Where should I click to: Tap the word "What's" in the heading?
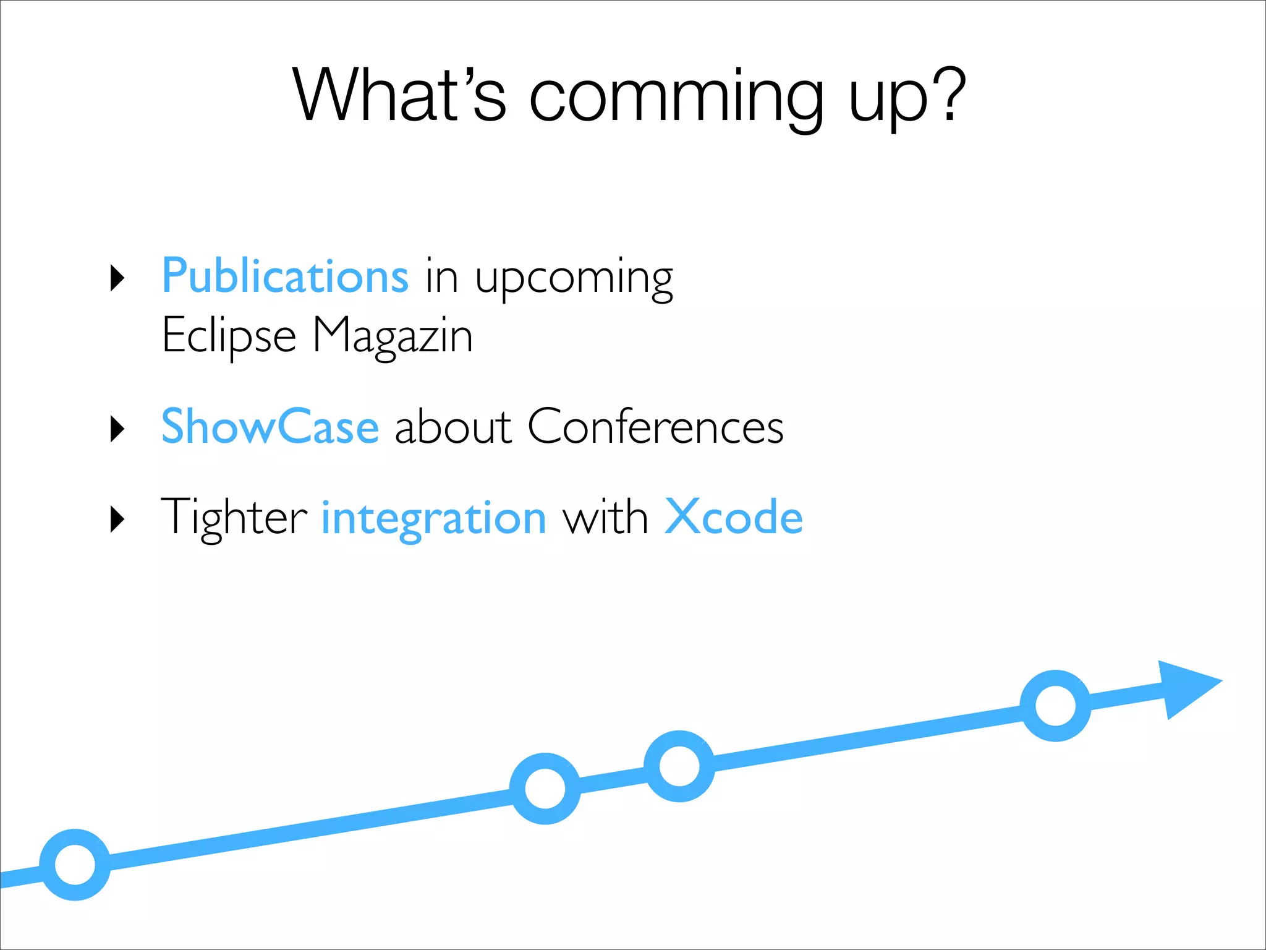pos(399,96)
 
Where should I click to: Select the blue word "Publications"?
pos(285,276)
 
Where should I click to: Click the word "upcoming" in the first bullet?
pos(574,279)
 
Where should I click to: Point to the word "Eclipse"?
pos(229,335)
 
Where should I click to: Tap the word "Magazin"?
pos(393,335)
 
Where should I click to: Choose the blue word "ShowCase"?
pos(270,426)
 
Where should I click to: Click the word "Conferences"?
pos(655,426)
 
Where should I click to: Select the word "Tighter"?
pos(233,517)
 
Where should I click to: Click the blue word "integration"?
pos(433,518)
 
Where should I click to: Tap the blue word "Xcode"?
pos(733,516)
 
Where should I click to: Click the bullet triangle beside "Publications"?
pos(117,278)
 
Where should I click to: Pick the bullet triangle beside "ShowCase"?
pos(117,429)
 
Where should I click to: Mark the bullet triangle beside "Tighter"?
pos(117,519)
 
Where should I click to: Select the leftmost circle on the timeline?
pos(75,864)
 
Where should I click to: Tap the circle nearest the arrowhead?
pos(1055,705)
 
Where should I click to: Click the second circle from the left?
pos(545,788)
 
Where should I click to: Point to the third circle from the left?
pos(679,766)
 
